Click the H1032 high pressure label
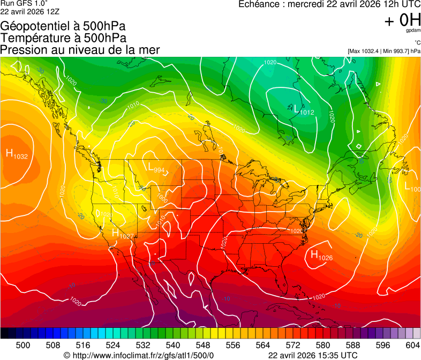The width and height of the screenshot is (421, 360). [17, 154]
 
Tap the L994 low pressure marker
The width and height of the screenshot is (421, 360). [156, 167]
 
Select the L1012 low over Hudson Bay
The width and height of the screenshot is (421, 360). [303, 110]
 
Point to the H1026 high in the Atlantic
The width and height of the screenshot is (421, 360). [321, 256]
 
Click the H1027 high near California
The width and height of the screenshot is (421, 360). [122, 234]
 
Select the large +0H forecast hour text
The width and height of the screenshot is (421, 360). [402, 20]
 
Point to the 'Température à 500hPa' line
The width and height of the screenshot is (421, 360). [63, 38]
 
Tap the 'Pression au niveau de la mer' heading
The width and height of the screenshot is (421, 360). [80, 50]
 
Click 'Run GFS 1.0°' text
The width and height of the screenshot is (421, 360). [24, 3]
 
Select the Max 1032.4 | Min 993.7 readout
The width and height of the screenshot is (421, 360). [384, 51]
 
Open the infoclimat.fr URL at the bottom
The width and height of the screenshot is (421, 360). [138, 355]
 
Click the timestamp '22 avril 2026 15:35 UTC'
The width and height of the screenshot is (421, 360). [312, 355]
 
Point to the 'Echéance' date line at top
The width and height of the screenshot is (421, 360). [329, 4]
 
